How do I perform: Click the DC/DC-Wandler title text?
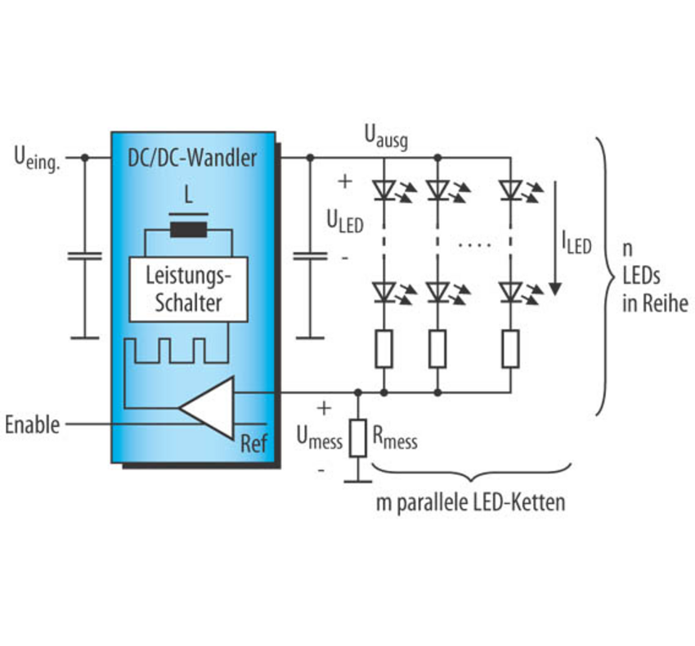193,157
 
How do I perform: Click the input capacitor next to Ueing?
84,257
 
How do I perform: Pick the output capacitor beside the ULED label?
309,257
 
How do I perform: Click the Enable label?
33,424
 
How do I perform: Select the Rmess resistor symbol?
357,437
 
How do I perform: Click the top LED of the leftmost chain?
383,191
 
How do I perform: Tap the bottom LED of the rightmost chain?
511,291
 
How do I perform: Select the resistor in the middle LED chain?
437,349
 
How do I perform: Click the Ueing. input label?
38,155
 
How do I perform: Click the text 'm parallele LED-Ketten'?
470,503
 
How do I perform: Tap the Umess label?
319,440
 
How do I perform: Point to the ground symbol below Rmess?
357,480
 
